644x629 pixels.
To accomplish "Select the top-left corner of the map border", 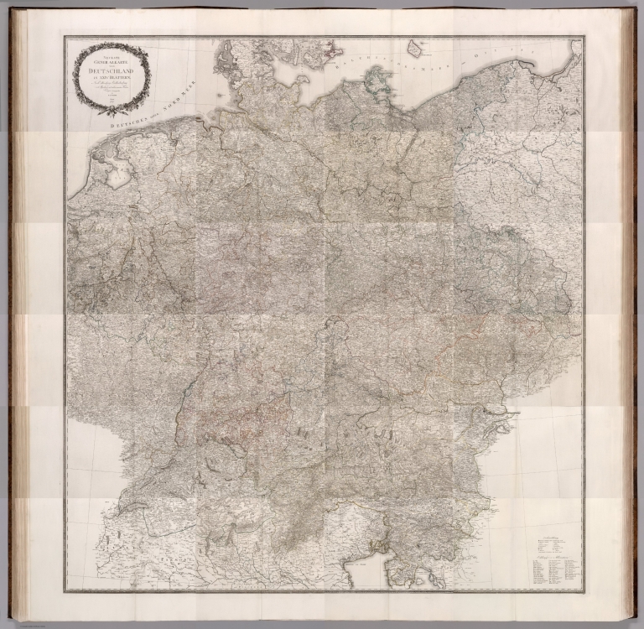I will point(66,37).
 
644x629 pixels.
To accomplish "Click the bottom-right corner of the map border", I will point(584,590).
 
